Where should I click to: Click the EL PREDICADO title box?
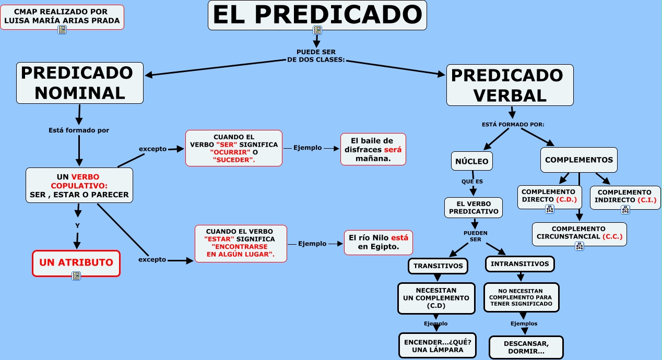(317, 15)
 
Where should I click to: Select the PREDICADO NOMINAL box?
(80, 82)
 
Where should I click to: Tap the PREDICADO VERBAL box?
(510, 85)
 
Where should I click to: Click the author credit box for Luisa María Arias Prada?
(62, 16)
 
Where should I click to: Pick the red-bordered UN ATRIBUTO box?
(76, 262)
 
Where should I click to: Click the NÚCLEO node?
(472, 161)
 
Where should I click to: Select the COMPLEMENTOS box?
(578, 160)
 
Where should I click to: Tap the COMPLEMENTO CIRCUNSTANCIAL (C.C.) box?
(579, 233)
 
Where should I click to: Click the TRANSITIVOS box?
(438, 266)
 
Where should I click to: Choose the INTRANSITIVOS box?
(519, 264)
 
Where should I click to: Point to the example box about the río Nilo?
(379, 242)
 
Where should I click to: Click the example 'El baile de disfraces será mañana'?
(373, 149)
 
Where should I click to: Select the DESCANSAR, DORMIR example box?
(526, 347)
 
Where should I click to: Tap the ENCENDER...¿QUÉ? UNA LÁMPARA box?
(438, 345)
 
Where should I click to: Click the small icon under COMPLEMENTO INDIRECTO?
(625, 210)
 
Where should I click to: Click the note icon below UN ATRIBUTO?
(76, 276)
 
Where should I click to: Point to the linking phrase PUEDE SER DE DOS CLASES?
(316, 56)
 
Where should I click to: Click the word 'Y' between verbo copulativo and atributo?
(77, 226)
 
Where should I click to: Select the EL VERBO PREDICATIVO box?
(474, 208)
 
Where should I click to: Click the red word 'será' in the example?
(396, 149)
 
